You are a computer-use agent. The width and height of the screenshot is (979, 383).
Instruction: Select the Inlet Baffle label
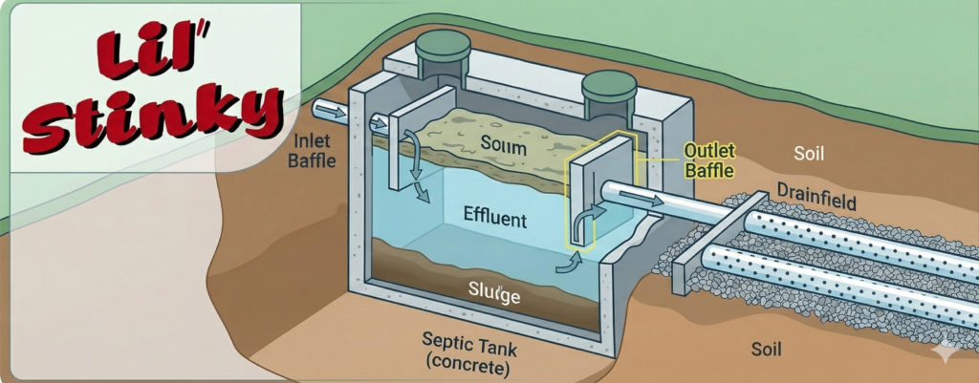click(313, 151)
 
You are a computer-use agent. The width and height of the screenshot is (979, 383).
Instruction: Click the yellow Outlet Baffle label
click(710, 161)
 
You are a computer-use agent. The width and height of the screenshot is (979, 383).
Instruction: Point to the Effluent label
click(494, 219)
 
